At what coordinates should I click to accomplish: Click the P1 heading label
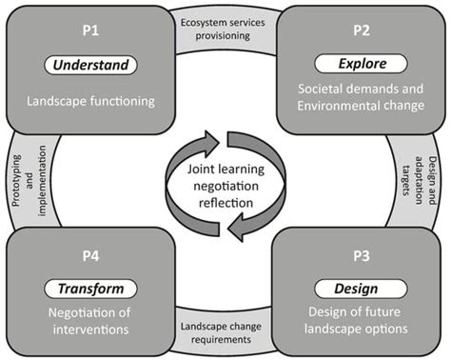point(90,32)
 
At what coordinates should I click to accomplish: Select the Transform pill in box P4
point(91,289)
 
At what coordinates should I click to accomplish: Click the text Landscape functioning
point(91,98)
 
